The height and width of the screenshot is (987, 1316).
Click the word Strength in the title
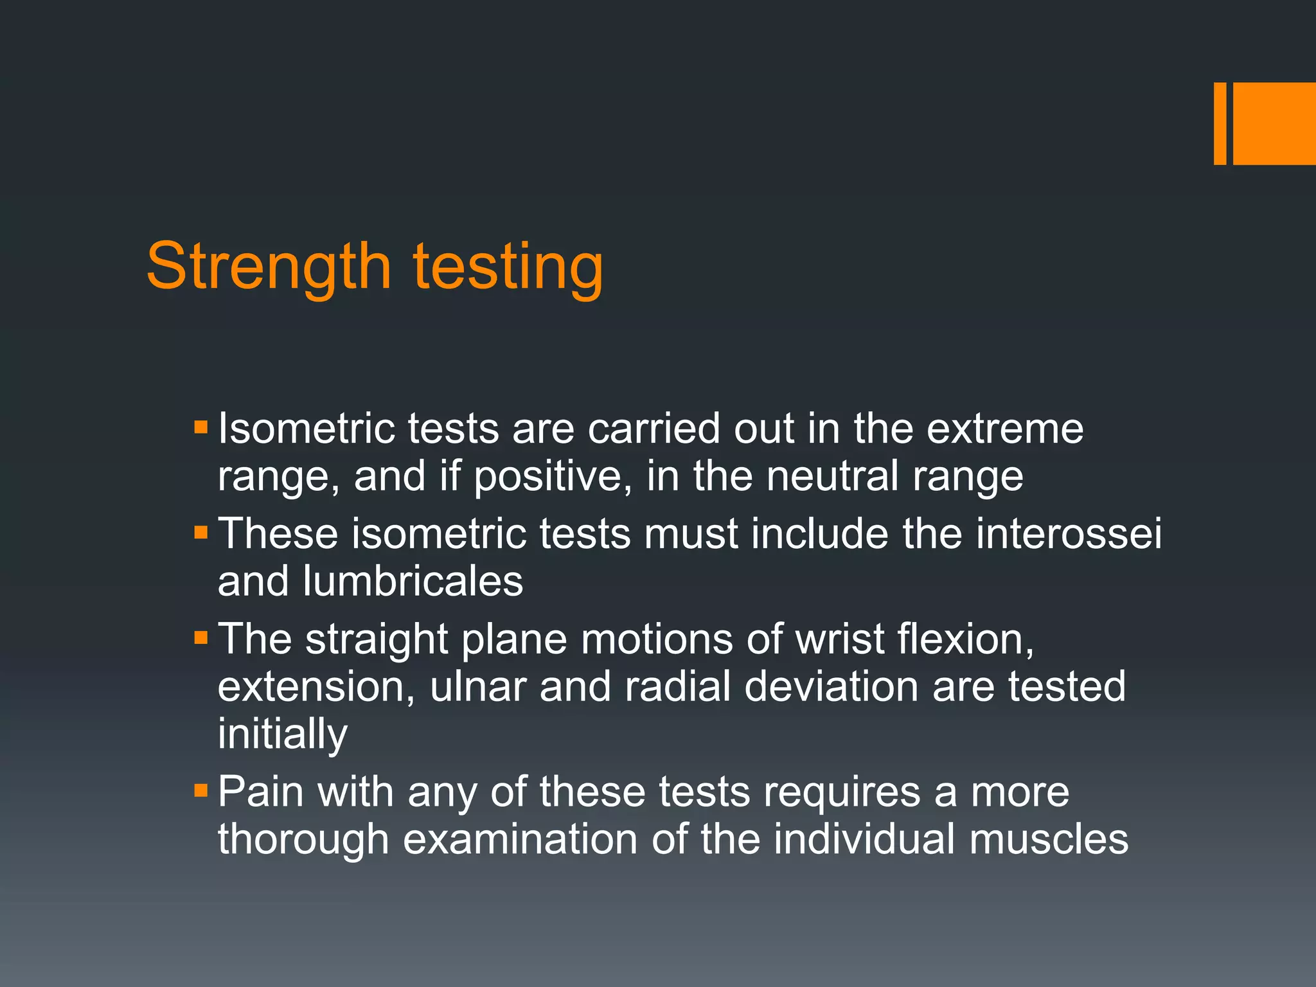tap(269, 267)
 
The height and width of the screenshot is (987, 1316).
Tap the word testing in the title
tap(508, 267)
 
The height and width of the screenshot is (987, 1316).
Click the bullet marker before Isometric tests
tap(200, 427)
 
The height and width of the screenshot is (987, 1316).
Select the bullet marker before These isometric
tap(200, 533)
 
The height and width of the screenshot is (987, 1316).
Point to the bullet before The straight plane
tap(200, 638)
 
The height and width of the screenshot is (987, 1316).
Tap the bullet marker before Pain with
tap(200, 790)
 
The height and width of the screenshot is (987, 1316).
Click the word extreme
tap(1005, 429)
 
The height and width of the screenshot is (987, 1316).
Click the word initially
tap(283, 734)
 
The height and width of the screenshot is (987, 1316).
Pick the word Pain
tap(260, 792)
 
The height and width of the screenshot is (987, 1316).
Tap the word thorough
tap(303, 840)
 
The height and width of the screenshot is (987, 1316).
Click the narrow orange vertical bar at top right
tap(1220, 123)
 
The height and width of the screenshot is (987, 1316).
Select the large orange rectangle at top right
tap(1274, 123)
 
